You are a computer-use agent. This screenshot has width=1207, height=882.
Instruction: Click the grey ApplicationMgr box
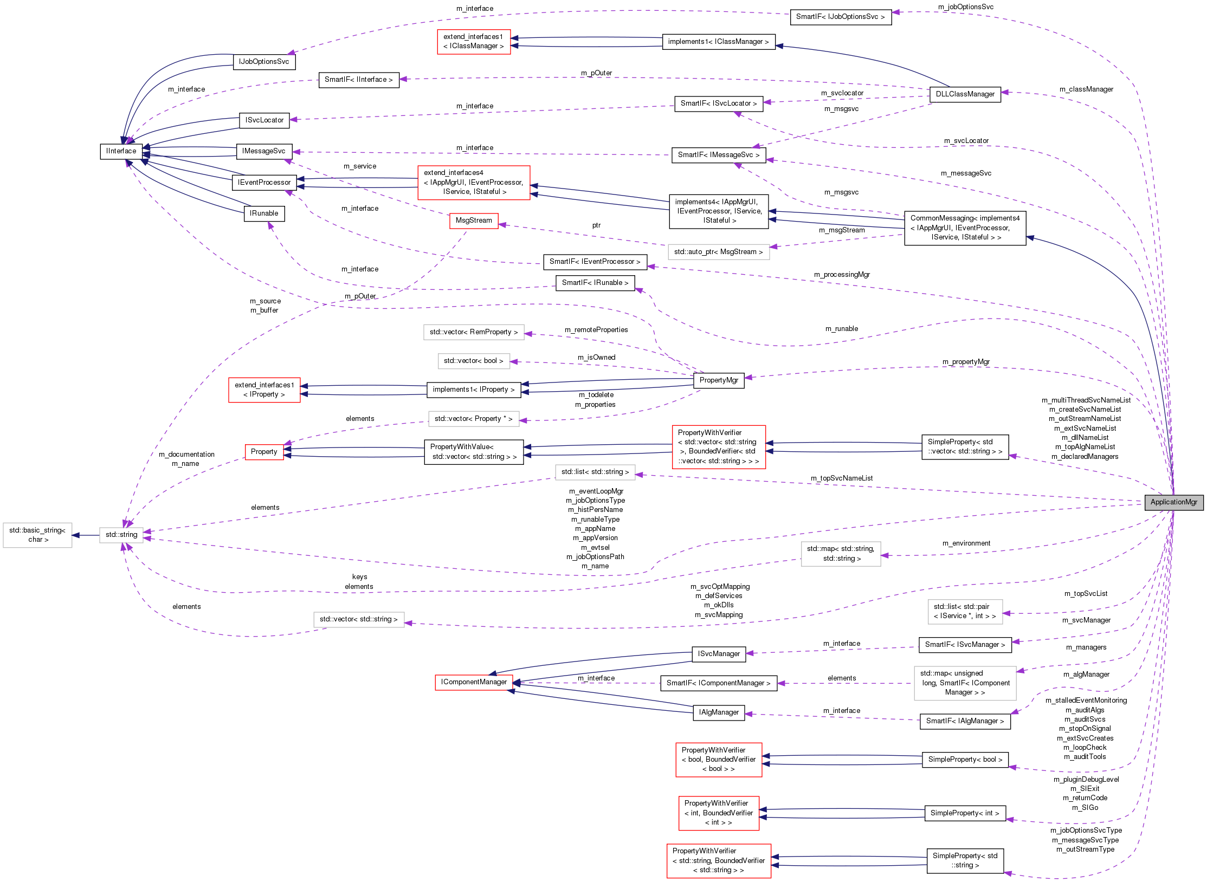1173,502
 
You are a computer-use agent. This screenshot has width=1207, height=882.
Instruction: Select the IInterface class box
121,151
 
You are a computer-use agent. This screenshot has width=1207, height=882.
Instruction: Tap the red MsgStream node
474,220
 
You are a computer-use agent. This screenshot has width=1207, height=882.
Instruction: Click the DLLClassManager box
965,94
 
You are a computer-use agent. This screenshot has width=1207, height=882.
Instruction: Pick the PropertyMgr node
719,380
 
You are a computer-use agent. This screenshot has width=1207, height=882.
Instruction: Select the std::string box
121,535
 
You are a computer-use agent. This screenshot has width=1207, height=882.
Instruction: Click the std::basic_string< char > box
37,535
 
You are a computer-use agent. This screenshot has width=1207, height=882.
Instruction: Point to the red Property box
264,452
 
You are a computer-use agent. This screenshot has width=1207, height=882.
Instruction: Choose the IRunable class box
264,213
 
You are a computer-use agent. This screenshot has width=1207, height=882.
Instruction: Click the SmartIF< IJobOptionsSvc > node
840,17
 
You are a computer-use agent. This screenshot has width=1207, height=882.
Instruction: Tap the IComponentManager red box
474,682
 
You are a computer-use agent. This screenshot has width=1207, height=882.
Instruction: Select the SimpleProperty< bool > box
965,760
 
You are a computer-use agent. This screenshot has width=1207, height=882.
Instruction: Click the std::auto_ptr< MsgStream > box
718,252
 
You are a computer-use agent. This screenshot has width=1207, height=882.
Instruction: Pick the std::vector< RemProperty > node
473,332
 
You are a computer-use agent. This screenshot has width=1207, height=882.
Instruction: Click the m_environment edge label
966,543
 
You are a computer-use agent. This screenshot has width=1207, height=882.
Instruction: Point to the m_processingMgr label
842,275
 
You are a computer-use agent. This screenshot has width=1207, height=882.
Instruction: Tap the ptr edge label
596,225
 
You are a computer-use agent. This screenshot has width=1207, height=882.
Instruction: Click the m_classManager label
1086,89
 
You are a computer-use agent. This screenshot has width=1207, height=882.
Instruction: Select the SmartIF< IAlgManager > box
965,721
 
